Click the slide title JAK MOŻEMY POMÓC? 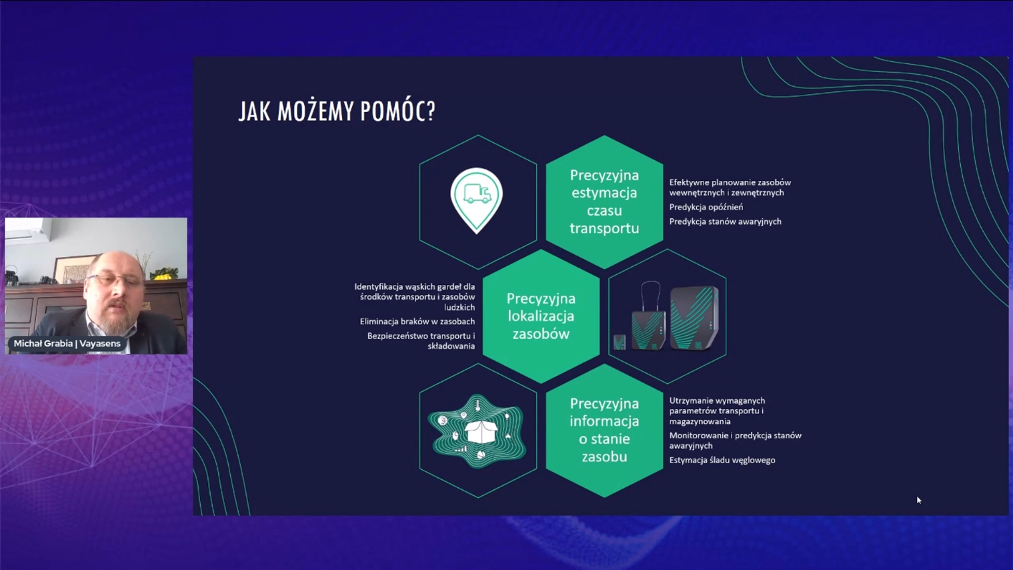click(337, 111)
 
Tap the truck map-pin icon click(476, 199)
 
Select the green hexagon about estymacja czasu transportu click(604, 202)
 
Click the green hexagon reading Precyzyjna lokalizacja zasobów click(541, 316)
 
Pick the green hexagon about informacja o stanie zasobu click(604, 431)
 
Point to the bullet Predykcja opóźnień click(706, 207)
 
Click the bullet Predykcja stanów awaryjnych click(725, 222)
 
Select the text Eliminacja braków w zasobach click(417, 322)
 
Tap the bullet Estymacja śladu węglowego click(722, 460)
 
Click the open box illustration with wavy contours click(477, 431)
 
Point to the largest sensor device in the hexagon click(695, 317)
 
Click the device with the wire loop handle click(649, 320)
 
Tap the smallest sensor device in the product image click(620, 342)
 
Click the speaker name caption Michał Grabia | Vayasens click(67, 344)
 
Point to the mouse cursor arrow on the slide click(918, 500)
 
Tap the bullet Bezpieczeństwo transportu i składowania click(421, 341)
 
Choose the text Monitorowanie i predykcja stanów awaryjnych click(735, 441)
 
